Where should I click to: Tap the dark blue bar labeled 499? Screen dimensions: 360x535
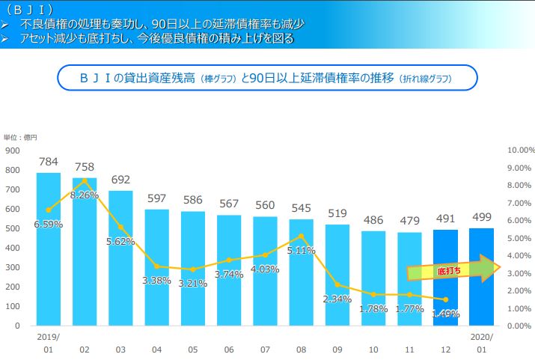[x=481, y=277]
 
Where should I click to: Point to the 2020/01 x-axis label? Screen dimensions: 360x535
[x=482, y=342]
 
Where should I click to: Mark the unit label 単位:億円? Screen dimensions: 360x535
[x=20, y=137]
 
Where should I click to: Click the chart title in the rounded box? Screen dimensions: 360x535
[x=266, y=77]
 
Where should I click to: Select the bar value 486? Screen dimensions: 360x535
[x=373, y=221]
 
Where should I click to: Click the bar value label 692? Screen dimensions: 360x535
[x=120, y=180]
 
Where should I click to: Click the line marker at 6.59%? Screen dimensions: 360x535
[x=49, y=210]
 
